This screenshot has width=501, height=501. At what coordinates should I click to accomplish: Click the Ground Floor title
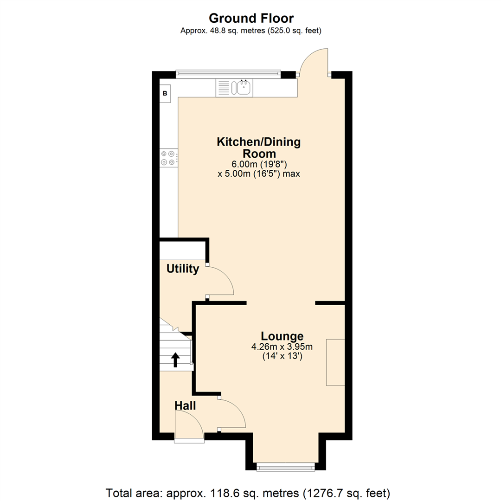coord(251,18)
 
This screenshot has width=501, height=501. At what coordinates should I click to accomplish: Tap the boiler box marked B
coord(165,93)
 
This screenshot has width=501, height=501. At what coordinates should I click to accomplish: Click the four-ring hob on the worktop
coord(168,158)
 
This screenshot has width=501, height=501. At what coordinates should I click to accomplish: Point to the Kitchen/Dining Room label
coord(258,147)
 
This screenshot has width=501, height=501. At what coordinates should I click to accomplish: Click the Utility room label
coord(183,269)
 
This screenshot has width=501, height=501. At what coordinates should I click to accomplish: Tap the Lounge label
coord(282,336)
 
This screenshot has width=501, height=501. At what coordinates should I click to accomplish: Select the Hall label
coord(185,405)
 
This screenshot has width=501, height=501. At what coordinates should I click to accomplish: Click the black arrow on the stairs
coord(176,360)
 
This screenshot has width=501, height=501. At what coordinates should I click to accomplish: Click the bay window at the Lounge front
coord(285,466)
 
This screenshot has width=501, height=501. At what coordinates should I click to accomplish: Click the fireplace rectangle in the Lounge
coord(335,362)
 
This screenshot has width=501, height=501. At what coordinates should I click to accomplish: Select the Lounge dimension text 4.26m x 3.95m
coord(282,347)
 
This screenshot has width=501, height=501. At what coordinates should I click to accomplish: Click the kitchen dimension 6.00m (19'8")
coord(258,164)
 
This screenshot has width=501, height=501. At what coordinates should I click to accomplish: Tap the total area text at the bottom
coord(251,492)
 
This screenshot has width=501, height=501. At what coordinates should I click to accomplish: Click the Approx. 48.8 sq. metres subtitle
coord(251,31)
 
